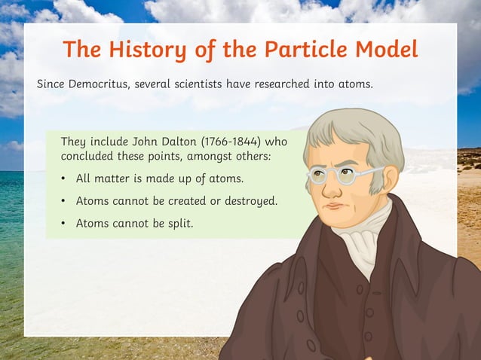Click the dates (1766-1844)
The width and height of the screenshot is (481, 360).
(231, 141)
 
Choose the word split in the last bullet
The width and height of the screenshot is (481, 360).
(180, 223)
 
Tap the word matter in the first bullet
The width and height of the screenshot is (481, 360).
(111, 179)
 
